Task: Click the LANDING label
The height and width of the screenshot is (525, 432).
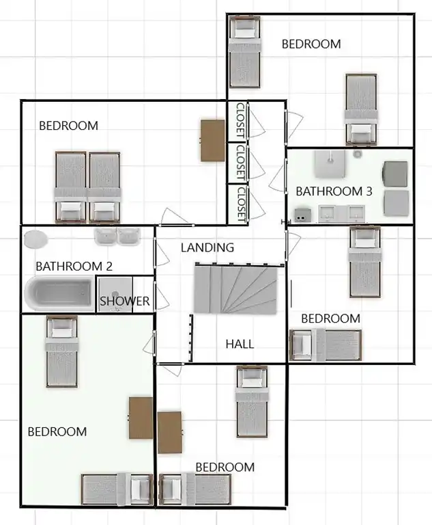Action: pyautogui.click(x=207, y=247)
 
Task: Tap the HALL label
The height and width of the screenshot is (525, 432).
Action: pyautogui.click(x=240, y=344)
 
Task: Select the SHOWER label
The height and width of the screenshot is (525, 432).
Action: pyautogui.click(x=124, y=301)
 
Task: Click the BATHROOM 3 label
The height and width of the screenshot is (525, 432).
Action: pyautogui.click(x=334, y=191)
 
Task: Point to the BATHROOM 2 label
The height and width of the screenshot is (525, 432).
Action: pyautogui.click(x=74, y=266)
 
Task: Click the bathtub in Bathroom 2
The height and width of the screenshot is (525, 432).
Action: pyautogui.click(x=59, y=293)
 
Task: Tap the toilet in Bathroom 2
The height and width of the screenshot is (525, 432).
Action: pyautogui.click(x=35, y=239)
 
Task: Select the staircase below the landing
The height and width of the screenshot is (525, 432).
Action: pyautogui.click(x=235, y=288)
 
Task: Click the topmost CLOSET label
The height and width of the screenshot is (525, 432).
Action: pyautogui.click(x=240, y=120)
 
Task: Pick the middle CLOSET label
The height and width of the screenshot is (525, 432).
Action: pyautogui.click(x=240, y=163)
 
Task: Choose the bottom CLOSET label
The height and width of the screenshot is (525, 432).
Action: pyautogui.click(x=241, y=204)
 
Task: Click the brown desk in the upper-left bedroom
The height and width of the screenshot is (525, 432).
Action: pyautogui.click(x=213, y=141)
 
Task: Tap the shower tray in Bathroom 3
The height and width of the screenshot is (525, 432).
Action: pyautogui.click(x=330, y=164)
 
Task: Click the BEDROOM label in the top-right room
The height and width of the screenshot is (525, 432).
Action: pyautogui.click(x=311, y=44)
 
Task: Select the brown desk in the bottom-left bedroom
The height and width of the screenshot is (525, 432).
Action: pyautogui.click(x=141, y=418)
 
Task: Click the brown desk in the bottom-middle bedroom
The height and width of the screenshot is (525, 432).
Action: pyautogui.click(x=170, y=433)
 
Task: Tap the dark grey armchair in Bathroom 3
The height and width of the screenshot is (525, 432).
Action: pyautogui.click(x=395, y=174)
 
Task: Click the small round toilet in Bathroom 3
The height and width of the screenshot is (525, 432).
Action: pyautogui.click(x=358, y=154)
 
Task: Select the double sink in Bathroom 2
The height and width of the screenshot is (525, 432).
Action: pyautogui.click(x=117, y=236)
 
